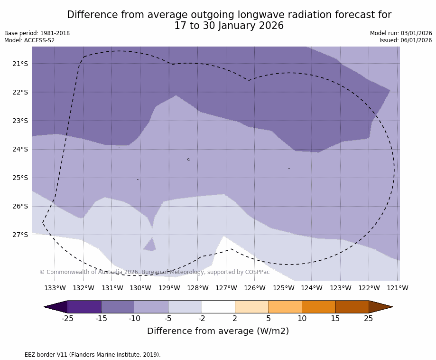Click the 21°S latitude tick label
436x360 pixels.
[20, 64]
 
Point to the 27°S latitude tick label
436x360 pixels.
[20, 235]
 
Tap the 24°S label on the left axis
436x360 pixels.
[20, 149]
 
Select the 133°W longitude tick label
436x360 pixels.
[55, 288]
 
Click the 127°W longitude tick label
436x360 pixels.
[226, 288]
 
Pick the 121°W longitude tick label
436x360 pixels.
[398, 288]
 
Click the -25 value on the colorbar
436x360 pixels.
[68, 318]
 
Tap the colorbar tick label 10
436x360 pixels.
[302, 318]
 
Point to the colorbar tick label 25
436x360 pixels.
[369, 318]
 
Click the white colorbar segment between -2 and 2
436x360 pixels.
[218, 307]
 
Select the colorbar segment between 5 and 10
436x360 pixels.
[285, 307]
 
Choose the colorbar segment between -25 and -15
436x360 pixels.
[84, 307]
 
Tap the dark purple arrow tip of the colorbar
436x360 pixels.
[56, 307]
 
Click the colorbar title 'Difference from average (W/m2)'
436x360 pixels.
[218, 331]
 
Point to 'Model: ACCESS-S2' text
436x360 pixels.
[29, 40]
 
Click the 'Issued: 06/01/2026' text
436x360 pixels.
[406, 40]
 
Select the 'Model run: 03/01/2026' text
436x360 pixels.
[401, 33]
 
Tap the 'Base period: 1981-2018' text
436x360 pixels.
[37, 33]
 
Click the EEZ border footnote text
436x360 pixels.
[83, 355]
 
